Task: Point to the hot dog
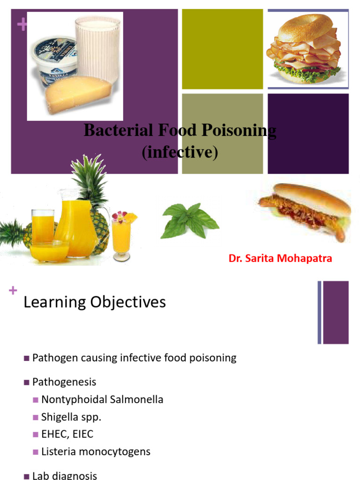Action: coord(304,209)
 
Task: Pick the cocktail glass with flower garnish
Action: coord(121,234)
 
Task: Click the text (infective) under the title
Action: coord(180,152)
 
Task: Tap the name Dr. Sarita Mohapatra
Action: coord(280,258)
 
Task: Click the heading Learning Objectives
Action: coord(95,302)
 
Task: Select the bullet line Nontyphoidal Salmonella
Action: coord(102,400)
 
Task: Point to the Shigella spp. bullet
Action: coord(71,417)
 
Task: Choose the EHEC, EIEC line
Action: coord(67,435)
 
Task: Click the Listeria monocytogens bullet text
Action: coord(96,452)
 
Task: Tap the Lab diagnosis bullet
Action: coord(64,475)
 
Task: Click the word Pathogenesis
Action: coord(64,382)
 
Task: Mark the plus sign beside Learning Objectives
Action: coord(12,291)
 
